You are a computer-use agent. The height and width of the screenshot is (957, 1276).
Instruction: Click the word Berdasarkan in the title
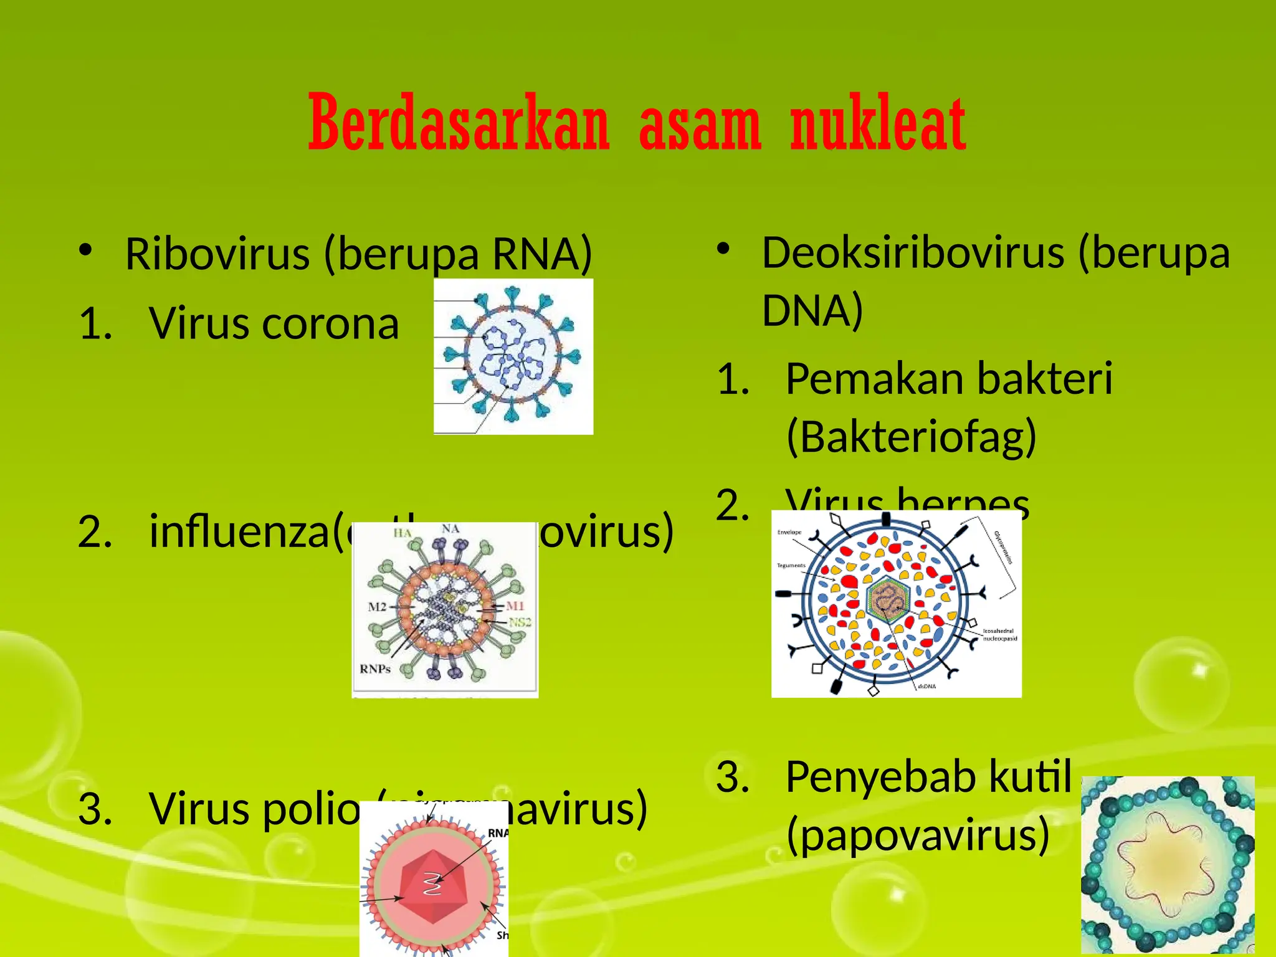pos(459,123)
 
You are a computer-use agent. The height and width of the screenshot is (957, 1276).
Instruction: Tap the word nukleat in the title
pos(878,123)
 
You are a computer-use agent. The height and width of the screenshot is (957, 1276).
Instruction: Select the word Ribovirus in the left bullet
pos(217,254)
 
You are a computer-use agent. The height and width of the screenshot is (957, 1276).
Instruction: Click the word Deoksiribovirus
pos(913,253)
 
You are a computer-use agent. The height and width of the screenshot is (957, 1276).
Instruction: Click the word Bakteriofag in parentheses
pos(911,436)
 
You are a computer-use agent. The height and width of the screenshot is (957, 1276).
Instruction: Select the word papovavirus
pos(918,835)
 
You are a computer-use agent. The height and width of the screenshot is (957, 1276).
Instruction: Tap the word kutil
pos(1031,777)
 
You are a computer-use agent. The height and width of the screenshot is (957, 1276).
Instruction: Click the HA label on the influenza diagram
pos(402,533)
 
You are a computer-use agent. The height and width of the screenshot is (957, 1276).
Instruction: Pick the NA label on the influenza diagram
pos(450,529)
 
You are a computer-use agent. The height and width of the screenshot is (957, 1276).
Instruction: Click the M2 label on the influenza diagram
pos(378,606)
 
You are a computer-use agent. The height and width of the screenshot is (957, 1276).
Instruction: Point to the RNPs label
pos(375,669)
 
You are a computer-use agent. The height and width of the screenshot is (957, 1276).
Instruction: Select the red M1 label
pos(515,606)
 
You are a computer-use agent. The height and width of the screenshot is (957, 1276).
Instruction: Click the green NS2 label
pos(520,622)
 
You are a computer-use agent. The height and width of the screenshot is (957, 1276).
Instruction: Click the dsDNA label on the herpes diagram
pos(926,686)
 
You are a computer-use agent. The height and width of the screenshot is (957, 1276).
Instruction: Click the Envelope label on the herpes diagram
pos(789,533)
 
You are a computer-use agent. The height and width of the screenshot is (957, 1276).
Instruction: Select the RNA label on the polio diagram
pos(497,833)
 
